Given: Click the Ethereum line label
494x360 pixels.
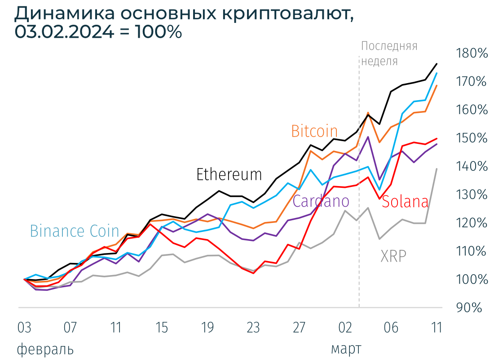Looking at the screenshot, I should (x=229, y=174).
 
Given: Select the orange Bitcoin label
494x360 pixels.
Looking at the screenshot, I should (x=314, y=131).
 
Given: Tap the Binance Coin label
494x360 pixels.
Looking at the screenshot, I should (x=74, y=231).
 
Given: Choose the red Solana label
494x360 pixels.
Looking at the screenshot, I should (x=405, y=202).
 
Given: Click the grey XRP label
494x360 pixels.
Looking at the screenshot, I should (x=393, y=256).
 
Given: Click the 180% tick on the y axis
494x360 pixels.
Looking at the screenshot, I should (x=471, y=53).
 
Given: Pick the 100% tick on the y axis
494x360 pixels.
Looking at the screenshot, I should (x=471, y=280).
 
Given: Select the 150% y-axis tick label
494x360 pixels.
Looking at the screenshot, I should (x=471, y=138).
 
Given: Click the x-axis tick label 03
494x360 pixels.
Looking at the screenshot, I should (x=24, y=328).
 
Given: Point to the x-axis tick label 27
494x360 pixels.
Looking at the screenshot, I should (x=299, y=328).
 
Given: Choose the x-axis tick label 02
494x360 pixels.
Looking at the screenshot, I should (x=345, y=328).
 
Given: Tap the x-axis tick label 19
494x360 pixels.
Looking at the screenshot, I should (x=207, y=328).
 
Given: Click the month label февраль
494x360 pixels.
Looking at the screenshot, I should (x=45, y=349).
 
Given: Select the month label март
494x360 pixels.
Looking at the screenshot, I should (x=346, y=349).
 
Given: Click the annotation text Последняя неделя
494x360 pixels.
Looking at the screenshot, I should (x=389, y=53).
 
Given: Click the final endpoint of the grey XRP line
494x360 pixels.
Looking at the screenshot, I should (x=437, y=169).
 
